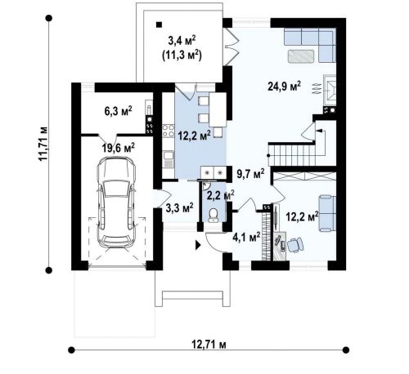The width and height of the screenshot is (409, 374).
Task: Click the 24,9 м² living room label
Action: (284, 87)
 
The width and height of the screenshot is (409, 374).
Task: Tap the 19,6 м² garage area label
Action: (119, 148)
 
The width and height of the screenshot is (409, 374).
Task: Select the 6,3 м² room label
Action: (118, 111)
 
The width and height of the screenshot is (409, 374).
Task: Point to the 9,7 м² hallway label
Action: (250, 175)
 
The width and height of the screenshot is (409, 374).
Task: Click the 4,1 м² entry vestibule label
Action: (246, 237)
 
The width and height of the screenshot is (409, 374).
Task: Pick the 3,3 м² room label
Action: (180, 208)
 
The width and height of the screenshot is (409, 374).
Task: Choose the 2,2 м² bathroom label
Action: (221, 195)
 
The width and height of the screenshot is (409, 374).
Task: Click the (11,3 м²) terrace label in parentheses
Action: (182, 56)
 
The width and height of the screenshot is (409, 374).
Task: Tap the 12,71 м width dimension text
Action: (209, 345)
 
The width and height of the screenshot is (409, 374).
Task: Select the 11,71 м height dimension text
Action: (43, 144)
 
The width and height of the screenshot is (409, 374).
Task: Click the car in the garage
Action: (117, 202)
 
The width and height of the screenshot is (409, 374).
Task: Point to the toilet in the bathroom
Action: (213, 215)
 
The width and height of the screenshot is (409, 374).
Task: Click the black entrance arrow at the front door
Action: (198, 245)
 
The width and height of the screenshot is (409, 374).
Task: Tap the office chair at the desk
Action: (294, 245)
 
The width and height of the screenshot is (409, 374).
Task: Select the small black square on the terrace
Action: (159, 24)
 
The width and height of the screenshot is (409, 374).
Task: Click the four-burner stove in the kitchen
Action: (169, 131)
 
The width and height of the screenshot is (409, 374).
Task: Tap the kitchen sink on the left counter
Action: (169, 159)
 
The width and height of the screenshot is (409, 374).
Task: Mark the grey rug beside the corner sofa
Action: (301, 56)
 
